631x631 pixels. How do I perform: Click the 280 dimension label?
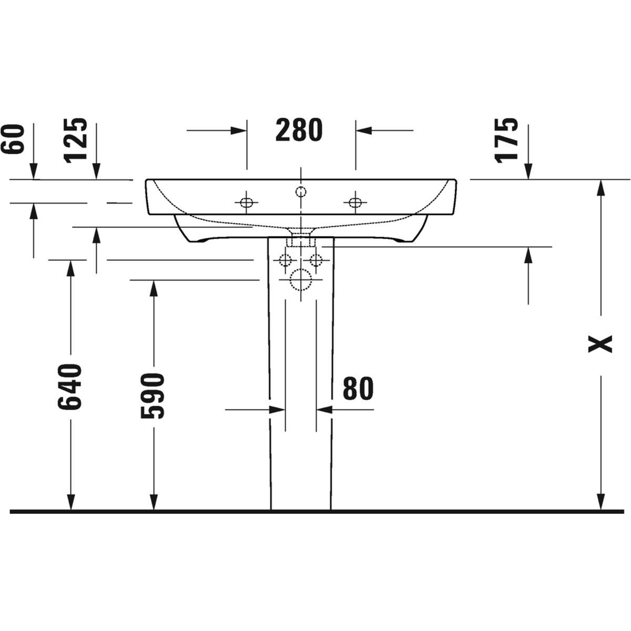[x=299, y=130]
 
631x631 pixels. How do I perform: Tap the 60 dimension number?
[x=13, y=139]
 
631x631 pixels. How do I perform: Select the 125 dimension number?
[x=76, y=141]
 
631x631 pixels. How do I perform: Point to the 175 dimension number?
[x=506, y=140]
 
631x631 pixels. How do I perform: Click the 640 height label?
[x=69, y=386]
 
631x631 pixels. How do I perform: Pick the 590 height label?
[x=152, y=396]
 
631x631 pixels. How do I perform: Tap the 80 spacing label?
[x=358, y=389]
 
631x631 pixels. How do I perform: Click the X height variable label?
[x=600, y=343]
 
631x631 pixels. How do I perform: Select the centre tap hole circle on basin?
[x=301, y=191]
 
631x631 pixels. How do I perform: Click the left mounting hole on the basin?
[x=246, y=202]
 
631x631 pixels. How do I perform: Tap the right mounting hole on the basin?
[x=354, y=202]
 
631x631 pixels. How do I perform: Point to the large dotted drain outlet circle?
[x=301, y=280]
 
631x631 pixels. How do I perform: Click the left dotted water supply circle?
[x=285, y=260]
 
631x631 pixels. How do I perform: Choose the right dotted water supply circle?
[x=316, y=260]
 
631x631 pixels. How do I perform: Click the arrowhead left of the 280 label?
[x=238, y=130]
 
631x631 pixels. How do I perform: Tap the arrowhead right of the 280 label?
[x=364, y=130]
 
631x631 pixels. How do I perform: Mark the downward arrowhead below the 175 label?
[x=528, y=171]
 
